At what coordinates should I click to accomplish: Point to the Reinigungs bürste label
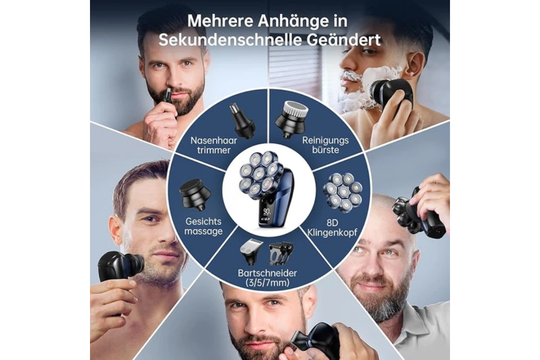pyautogui.click(x=325, y=145)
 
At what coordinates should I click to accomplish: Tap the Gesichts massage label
pyautogui.click(x=203, y=226)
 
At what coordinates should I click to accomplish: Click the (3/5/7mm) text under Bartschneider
pyautogui.click(x=267, y=283)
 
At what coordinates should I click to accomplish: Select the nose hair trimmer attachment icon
pyautogui.click(x=242, y=121)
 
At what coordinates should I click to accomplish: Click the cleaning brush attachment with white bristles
pyautogui.click(x=292, y=119)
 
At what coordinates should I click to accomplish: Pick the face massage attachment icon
pyautogui.click(x=195, y=194)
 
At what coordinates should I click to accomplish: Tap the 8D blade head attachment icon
pyautogui.click(x=342, y=193)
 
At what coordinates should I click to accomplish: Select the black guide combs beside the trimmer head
pyautogui.click(x=282, y=253)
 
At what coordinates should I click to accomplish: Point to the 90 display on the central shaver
pyautogui.click(x=266, y=211)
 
